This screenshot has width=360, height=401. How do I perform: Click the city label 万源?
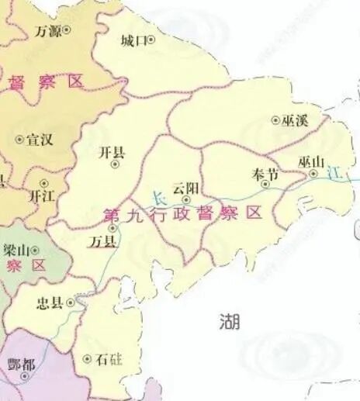[x=48, y=31]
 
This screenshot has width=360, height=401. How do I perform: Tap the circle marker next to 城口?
[x=151, y=40]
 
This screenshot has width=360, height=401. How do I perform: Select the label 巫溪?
[x=296, y=120]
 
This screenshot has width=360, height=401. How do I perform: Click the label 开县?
[x=112, y=153]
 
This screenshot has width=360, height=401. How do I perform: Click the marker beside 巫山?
[x=313, y=175]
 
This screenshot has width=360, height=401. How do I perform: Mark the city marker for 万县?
[x=113, y=229]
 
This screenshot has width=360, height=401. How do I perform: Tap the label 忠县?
[x=50, y=302]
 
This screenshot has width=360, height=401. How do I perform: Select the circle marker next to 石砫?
[x=86, y=359]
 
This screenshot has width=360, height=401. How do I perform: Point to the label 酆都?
[x=19, y=364]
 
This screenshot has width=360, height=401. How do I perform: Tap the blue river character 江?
[x=335, y=172]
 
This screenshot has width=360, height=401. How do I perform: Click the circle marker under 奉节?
[x=265, y=185]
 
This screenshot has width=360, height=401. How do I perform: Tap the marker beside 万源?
[x=66, y=31]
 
